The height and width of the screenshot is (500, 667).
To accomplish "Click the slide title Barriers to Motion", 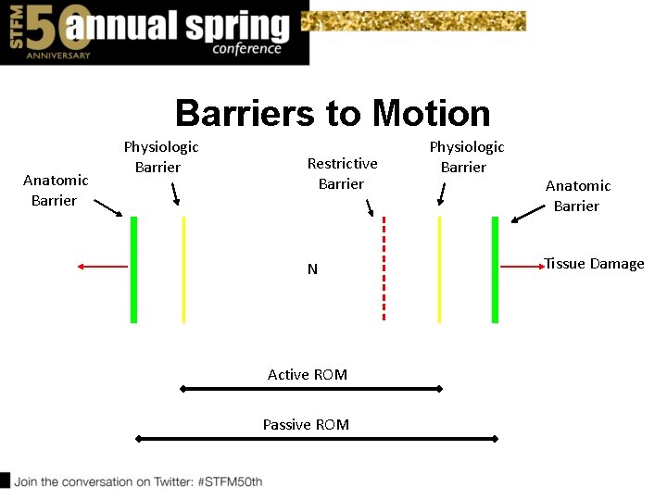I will (x=333, y=113).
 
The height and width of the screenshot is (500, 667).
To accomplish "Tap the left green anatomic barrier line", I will (x=133, y=269).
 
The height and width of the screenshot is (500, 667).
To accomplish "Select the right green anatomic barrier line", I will (x=495, y=269).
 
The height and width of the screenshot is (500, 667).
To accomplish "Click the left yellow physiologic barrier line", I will (x=183, y=269).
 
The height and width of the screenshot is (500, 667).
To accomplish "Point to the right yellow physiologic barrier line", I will (x=439, y=269).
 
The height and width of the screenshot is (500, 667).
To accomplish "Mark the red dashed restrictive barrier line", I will (x=384, y=269).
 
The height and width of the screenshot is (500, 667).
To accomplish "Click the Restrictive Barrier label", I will (x=342, y=173).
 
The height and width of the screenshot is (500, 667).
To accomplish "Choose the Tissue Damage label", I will (x=594, y=264).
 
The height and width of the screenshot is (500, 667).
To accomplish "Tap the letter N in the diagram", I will (x=312, y=269).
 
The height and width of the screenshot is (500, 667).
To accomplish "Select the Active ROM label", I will (x=308, y=374).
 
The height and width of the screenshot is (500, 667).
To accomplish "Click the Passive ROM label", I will (x=306, y=424).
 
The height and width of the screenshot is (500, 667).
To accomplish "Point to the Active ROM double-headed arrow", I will (x=311, y=389).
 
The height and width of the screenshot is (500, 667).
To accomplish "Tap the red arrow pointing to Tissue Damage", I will (x=522, y=267).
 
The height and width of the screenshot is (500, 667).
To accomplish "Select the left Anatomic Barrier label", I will (x=56, y=190).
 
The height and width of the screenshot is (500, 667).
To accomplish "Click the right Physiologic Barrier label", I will (x=466, y=156).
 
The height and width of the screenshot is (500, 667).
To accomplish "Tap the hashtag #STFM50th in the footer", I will (x=229, y=481).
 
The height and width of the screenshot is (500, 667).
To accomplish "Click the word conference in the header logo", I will (x=246, y=49).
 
